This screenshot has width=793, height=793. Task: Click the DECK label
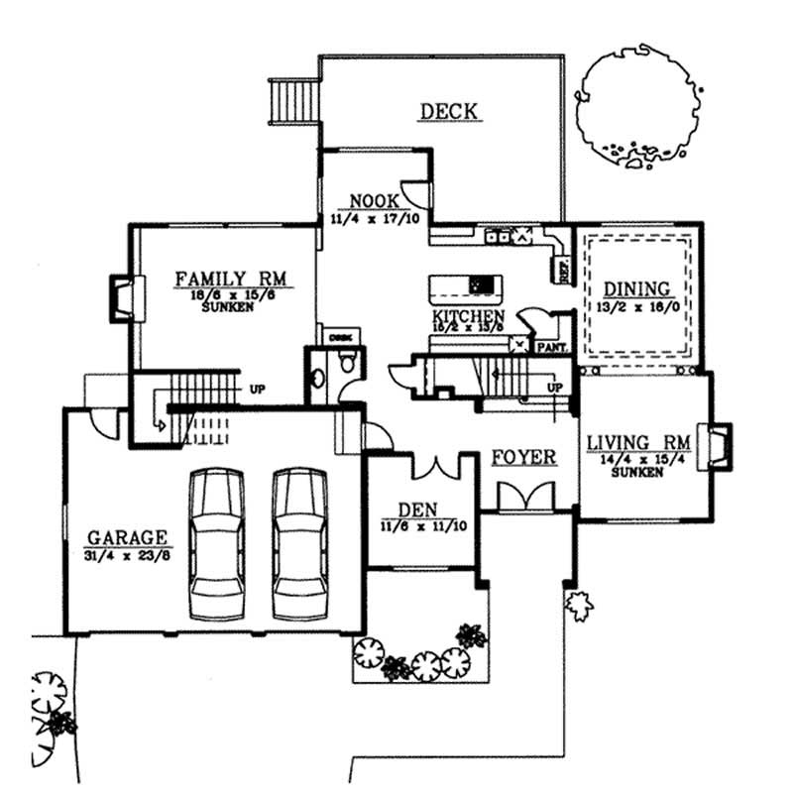[x=450, y=111]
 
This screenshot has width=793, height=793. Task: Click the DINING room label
[x=637, y=289]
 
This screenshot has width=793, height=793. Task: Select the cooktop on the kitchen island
[x=483, y=284]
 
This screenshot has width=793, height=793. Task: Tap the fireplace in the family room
[x=124, y=296]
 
